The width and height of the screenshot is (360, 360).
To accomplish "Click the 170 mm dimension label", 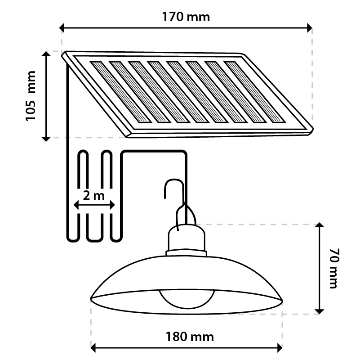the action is pyautogui.click(x=186, y=17).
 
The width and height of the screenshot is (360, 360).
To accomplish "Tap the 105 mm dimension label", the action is pyautogui.click(x=31, y=96).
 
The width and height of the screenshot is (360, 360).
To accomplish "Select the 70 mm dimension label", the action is pyautogui.click(x=333, y=269).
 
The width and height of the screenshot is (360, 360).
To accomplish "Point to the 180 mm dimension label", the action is pyautogui.click(x=190, y=337).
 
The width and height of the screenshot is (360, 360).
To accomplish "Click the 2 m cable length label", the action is pyautogui.click(x=93, y=195).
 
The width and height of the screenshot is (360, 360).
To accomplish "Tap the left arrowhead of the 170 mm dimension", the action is pyautogui.click(x=62, y=28).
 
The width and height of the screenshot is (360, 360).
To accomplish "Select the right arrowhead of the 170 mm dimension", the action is pyautogui.click(x=310, y=28).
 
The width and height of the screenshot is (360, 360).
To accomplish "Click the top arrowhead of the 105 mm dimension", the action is pyautogui.click(x=46, y=54).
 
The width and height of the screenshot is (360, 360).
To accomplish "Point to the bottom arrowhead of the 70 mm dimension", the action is pyautogui.click(x=319, y=311).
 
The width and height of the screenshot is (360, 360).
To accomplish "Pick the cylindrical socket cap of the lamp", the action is pyautogui.click(x=186, y=238).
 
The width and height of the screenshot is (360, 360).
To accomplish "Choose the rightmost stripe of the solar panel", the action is pyautogui.click(x=255, y=92).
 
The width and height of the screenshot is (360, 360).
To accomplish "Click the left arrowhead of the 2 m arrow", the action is pyautogui.click(x=76, y=205).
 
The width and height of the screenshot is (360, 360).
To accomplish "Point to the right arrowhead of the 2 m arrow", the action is pyautogui.click(x=112, y=205).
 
